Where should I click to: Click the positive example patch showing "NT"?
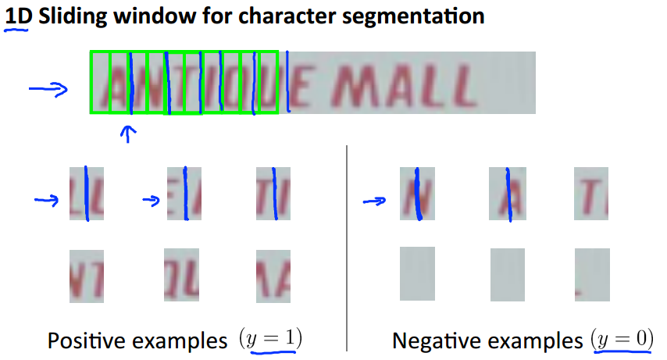tap(86, 275)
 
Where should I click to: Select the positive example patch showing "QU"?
tap(181, 274)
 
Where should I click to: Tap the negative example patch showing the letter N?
tap(416, 194)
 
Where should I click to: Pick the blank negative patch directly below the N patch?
tap(416, 274)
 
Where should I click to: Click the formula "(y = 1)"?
tap(270, 340)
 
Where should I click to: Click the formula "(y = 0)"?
tap(622, 340)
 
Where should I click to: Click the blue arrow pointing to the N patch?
tap(376, 201)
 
